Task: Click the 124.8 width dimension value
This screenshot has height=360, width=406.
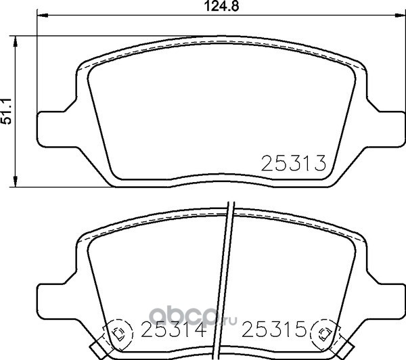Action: point(222,7)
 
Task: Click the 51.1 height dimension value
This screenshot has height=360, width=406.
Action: point(7,111)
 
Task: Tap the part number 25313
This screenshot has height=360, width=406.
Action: point(294,163)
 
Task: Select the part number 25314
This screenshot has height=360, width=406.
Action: point(173,329)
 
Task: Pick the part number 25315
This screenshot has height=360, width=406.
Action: point(274,329)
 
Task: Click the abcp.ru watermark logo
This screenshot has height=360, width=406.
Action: point(193,317)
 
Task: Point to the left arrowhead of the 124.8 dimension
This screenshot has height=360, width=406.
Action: point(43,16)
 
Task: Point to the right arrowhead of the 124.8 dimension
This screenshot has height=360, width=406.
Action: point(400,16)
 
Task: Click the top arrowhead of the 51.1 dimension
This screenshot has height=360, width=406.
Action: point(16,42)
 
